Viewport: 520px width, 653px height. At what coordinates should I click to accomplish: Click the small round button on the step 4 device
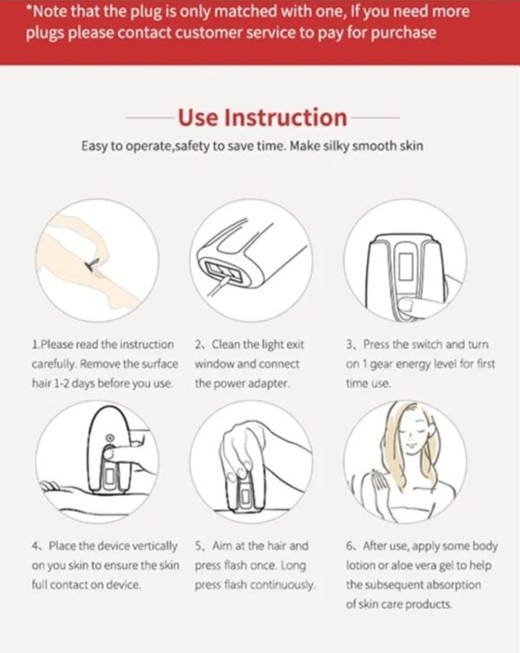pos(110,438)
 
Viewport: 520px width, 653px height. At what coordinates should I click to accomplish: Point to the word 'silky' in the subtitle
pos(335,146)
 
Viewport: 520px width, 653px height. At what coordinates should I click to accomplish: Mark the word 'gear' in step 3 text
pos(382,365)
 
